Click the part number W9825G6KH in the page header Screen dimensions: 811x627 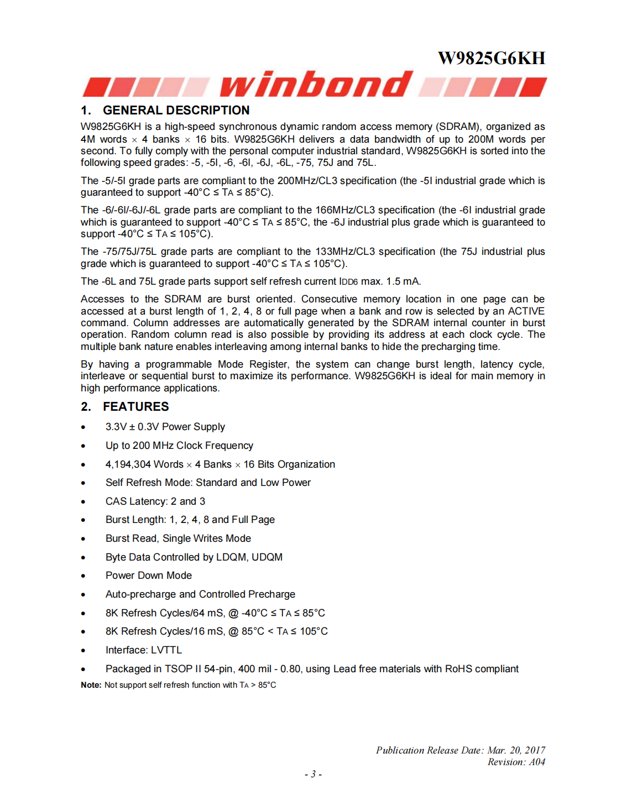point(491,58)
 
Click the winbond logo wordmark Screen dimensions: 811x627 point(316,85)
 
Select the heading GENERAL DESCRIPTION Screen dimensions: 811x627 point(176,110)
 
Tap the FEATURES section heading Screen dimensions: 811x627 point(135,406)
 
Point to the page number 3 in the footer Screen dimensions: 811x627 point(313,774)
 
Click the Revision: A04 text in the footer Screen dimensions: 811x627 point(516,762)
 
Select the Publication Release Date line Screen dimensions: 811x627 point(460,750)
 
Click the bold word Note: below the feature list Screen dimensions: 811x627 point(91,685)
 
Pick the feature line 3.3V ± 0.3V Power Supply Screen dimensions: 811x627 point(165,427)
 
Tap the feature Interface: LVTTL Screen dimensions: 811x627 point(143,650)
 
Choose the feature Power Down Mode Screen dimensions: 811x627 point(148,575)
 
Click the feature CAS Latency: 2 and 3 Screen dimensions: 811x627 point(155,501)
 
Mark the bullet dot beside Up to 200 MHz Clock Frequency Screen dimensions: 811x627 point(83,446)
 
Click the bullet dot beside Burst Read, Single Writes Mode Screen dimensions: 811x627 point(83,539)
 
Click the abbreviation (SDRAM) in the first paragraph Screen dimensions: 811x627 point(458,127)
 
